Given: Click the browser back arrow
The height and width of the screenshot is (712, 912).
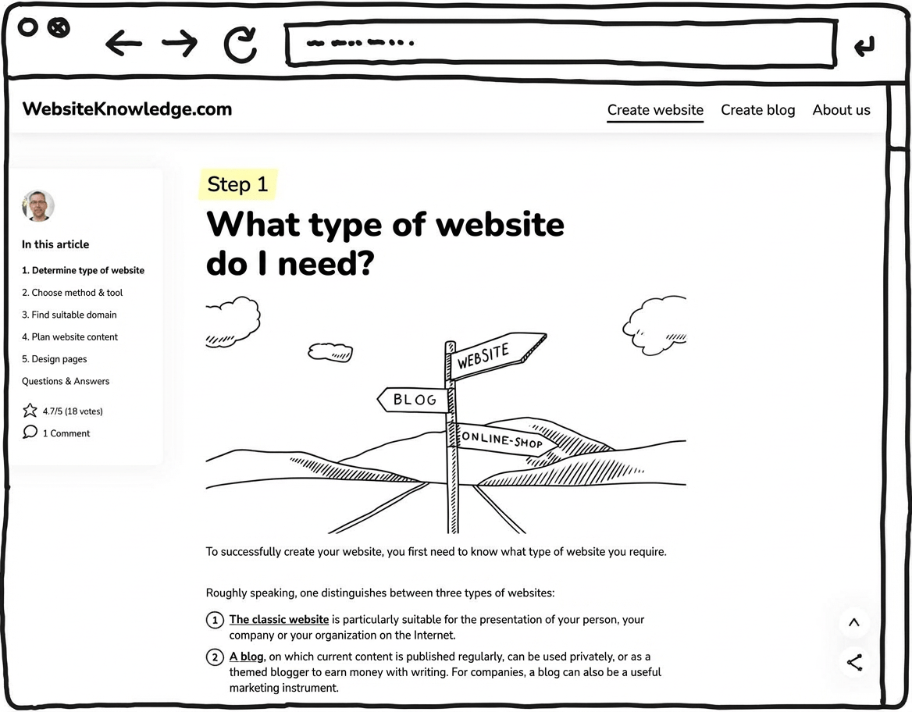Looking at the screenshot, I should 123,44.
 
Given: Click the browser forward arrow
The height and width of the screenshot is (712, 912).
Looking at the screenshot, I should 180,44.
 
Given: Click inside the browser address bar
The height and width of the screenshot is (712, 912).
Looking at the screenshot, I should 558,44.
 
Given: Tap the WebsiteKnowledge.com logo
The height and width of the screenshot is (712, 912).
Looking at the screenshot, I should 127,109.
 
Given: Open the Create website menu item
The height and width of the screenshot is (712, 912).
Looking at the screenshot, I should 655,110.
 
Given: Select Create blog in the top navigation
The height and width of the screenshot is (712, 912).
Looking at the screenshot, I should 757,110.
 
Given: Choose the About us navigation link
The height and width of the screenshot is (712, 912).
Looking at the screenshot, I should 841,110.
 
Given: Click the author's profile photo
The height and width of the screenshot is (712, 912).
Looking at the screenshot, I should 38,206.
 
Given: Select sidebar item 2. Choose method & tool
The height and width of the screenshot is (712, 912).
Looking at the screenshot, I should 72,293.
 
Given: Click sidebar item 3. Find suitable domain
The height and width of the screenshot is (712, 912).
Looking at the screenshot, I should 69,315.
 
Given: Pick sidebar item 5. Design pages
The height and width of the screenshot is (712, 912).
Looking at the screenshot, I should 54,359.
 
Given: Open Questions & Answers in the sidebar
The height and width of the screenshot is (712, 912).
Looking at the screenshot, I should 66,381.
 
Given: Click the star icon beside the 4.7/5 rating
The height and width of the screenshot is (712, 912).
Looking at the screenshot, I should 30,411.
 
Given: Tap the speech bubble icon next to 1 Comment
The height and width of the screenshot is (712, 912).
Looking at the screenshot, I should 30,433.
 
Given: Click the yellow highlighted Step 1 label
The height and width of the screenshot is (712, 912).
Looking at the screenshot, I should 237,184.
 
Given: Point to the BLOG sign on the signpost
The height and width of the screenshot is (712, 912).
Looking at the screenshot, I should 413,400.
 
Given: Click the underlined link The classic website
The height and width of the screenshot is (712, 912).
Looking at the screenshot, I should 279,619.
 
